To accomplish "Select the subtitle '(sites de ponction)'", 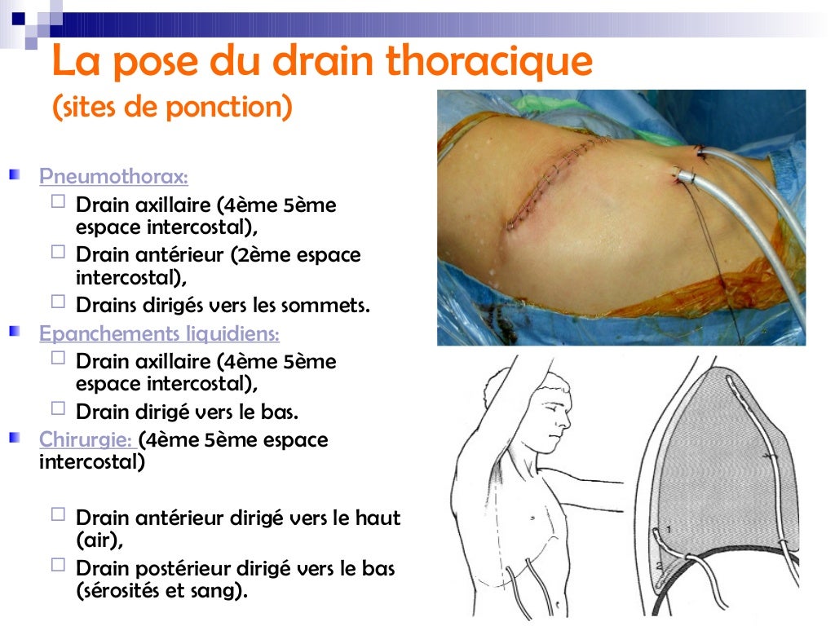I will pyautogui.click(x=171, y=107).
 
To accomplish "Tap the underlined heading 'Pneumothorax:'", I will pyautogui.click(x=113, y=176).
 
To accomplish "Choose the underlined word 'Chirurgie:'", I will pyautogui.click(x=87, y=440).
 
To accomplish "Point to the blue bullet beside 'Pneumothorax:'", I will pyautogui.click(x=15, y=175).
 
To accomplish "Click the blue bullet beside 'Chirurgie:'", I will pyautogui.click(x=15, y=439).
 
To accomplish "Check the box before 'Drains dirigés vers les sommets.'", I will pyautogui.click(x=57, y=302).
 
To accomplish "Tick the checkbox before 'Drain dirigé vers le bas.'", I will pyautogui.click(x=57, y=408).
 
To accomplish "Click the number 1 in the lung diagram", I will pyautogui.click(x=669, y=530).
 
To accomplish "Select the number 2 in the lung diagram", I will pyautogui.click(x=660, y=564).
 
